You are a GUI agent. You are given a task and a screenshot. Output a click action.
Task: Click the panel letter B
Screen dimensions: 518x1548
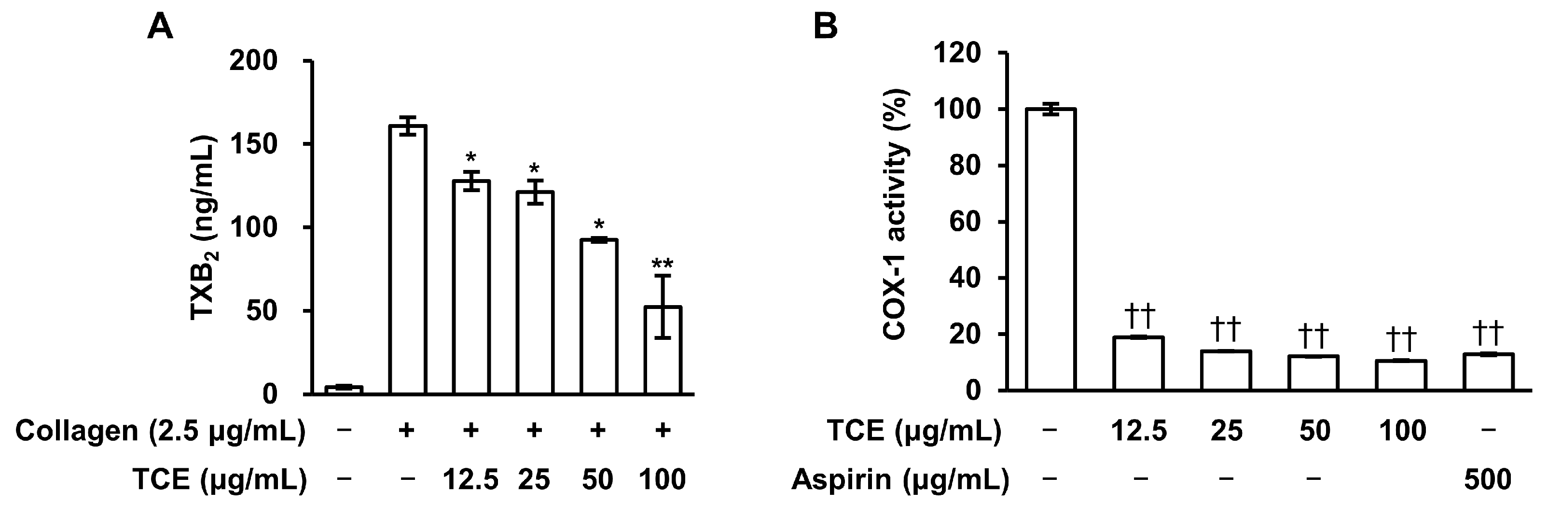tap(826, 27)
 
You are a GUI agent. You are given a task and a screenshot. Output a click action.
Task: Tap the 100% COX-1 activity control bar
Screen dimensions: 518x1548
tap(1051, 250)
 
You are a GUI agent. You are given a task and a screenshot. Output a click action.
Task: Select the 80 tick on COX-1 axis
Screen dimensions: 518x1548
tap(965, 166)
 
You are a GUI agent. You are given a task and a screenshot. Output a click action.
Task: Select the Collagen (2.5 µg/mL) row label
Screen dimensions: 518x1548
tap(160, 431)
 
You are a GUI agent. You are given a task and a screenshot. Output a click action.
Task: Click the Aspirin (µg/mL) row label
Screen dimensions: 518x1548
tap(899, 479)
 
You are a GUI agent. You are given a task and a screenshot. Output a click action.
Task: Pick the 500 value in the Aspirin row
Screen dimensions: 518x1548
tap(1488, 479)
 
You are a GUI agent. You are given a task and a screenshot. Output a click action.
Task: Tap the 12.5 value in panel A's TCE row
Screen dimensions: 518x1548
tap(470, 479)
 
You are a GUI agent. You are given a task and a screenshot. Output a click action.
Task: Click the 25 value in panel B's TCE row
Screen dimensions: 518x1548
tap(1226, 431)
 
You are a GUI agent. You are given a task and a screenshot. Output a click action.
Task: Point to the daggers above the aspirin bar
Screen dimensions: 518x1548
tap(1488, 332)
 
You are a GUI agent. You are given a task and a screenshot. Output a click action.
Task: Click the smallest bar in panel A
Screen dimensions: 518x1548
tap(344, 390)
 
